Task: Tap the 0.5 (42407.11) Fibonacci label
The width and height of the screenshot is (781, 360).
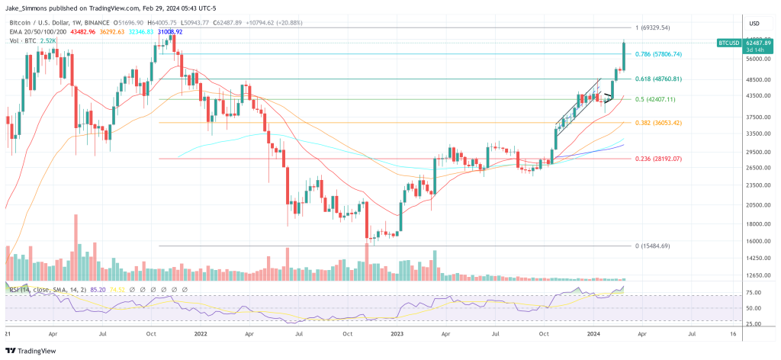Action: [655, 99]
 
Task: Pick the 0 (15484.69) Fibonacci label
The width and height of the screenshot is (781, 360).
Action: [652, 246]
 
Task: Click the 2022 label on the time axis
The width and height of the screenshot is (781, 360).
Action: [201, 334]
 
